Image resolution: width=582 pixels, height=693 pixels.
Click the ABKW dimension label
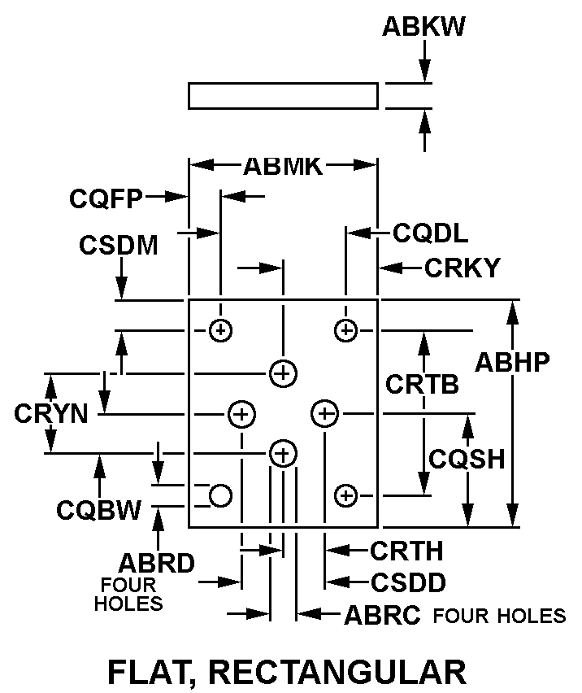pyautogui.click(x=423, y=27)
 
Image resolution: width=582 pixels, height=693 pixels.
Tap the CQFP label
pyautogui.click(x=106, y=197)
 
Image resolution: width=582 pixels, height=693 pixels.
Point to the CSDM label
pyautogui.click(x=119, y=245)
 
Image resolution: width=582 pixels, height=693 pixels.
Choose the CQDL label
pyautogui.click(x=431, y=234)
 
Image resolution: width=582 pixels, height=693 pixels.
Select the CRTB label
pyautogui.click(x=422, y=384)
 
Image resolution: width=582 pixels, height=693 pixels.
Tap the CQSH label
pyautogui.click(x=467, y=459)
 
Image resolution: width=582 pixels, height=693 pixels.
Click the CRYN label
pyautogui.click(x=50, y=413)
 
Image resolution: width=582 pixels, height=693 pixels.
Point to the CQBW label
pyautogui.click(x=99, y=510)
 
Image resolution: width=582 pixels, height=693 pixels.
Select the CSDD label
pyautogui.click(x=408, y=582)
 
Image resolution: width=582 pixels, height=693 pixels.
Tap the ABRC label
pyautogui.click(x=382, y=615)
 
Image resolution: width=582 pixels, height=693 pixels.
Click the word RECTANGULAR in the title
pyautogui.click(x=337, y=672)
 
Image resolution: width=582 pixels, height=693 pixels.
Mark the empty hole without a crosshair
pyautogui.click(x=221, y=494)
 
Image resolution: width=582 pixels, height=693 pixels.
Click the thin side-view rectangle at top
pyautogui.click(x=283, y=95)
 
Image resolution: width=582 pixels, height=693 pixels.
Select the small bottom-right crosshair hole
pyautogui.click(x=346, y=494)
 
